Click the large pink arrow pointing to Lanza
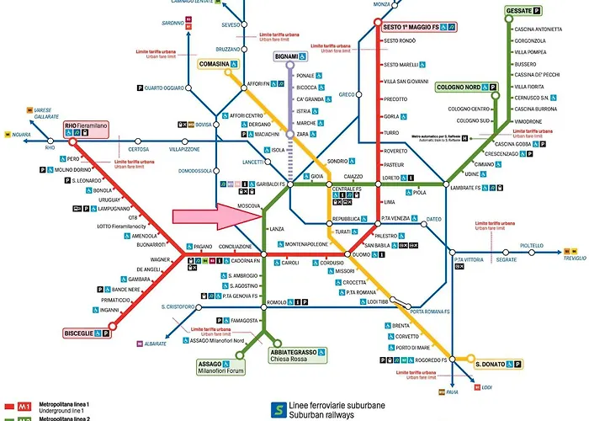pos(215,216)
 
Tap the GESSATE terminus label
pos(523,11)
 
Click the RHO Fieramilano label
pos(87,126)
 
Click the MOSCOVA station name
pos(248,205)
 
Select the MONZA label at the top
pos(382,4)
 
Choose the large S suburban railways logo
pos(276,409)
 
